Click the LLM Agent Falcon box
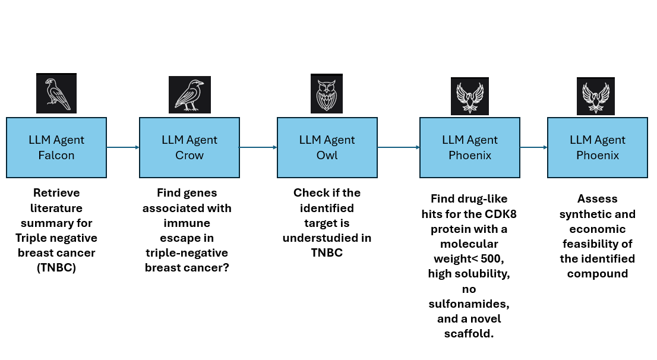pyautogui.click(x=56, y=147)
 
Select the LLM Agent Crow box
pyautogui.click(x=189, y=147)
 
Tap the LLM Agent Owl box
pyautogui.click(x=327, y=147)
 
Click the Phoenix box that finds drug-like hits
pyautogui.click(x=469, y=147)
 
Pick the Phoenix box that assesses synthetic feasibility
pyautogui.click(x=597, y=147)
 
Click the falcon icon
pyautogui.click(x=56, y=93)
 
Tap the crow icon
pyautogui.click(x=189, y=94)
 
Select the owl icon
pyautogui.click(x=327, y=93)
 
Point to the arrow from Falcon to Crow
pyautogui.click(x=123, y=147)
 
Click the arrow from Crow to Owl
pyautogui.click(x=258, y=147)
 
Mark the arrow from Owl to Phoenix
pyautogui.click(x=399, y=147)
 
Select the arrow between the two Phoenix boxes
pyautogui.click(x=533, y=147)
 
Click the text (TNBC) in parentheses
pyautogui.click(x=56, y=268)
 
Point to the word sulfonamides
pyautogui.click(x=469, y=304)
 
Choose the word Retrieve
pyautogui.click(x=56, y=193)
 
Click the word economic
pyautogui.click(x=597, y=229)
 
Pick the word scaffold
pyautogui.click(x=469, y=334)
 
